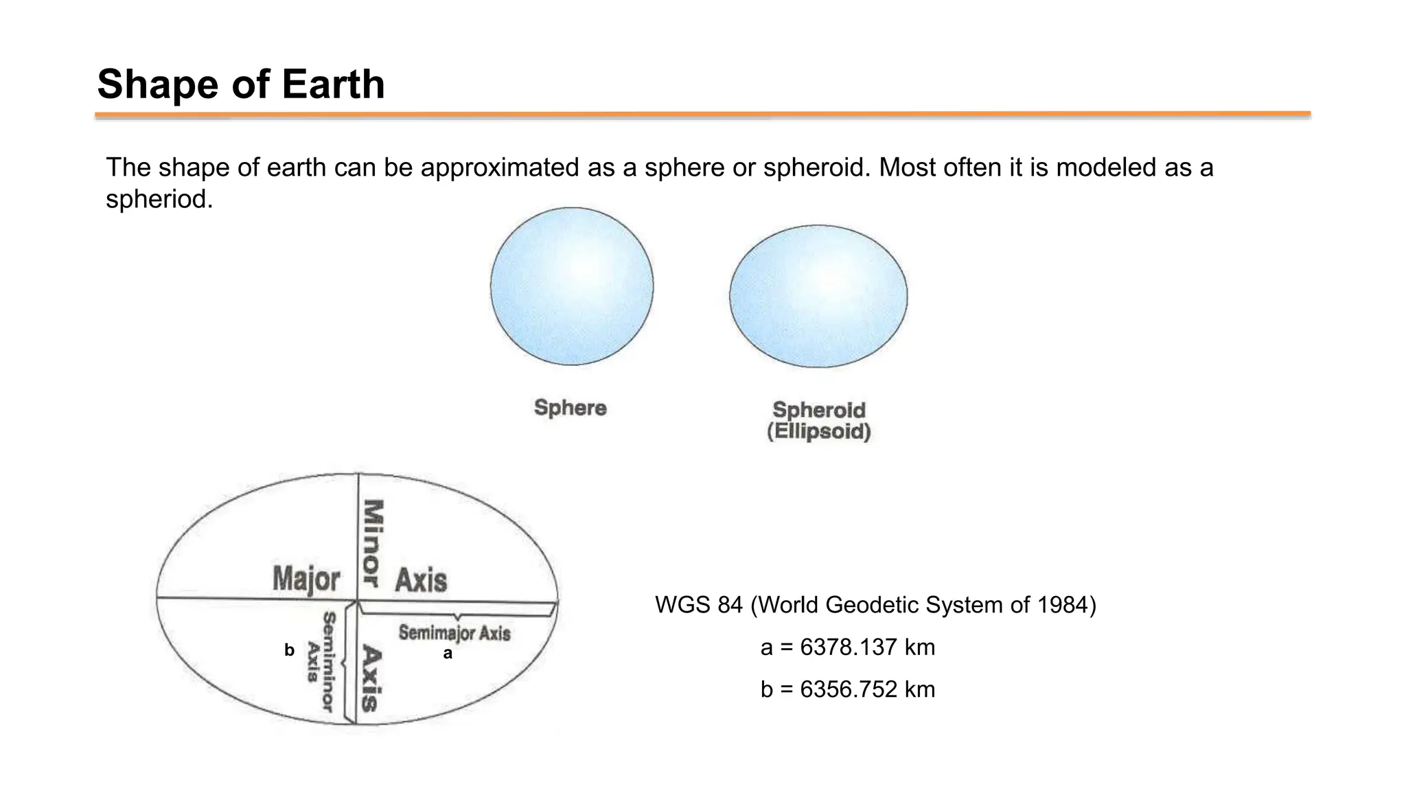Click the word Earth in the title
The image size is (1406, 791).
tap(333, 84)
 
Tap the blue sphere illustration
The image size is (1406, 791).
tap(572, 286)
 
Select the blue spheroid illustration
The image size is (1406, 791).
tap(818, 296)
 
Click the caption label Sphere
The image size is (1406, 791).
tap(571, 408)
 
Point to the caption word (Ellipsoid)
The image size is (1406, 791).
tap(818, 432)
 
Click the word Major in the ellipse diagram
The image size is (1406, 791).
tap(306, 579)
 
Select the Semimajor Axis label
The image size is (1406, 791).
tap(454, 632)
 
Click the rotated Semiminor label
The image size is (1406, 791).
tap(329, 661)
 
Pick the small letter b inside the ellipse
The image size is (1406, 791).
tap(289, 650)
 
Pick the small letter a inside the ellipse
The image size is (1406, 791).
tap(448, 654)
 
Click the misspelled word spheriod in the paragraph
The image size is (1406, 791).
tap(159, 199)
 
